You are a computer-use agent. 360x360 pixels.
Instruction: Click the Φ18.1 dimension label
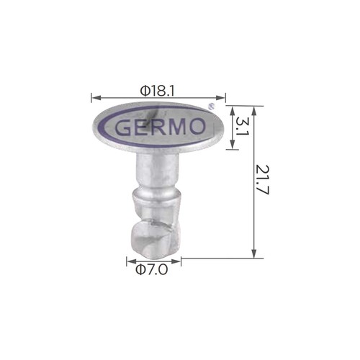158,91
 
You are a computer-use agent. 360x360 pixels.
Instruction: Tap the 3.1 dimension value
242,127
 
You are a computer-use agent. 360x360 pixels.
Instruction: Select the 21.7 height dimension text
263,179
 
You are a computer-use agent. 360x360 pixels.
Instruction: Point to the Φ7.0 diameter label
151,270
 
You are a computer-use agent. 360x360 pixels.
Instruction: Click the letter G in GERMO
123,127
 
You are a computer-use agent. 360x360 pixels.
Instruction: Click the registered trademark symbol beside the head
211,106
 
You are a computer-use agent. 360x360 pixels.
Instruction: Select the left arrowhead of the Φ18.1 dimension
96,98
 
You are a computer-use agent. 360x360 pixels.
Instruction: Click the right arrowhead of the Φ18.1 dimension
221,98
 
